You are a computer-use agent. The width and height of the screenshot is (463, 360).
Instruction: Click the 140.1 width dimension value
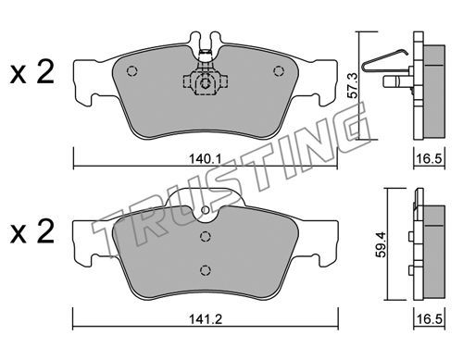[x=205, y=159]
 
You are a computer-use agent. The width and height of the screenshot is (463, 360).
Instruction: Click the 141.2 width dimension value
[x=206, y=318]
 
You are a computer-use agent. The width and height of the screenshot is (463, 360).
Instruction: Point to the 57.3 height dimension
[x=353, y=85]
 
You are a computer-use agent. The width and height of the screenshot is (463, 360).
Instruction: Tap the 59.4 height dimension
[x=382, y=244]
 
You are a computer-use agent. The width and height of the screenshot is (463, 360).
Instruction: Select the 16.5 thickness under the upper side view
[x=430, y=159]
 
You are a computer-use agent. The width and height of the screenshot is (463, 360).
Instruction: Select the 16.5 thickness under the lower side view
[x=430, y=318]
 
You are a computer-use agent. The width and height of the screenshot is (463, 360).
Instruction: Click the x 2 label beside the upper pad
[x=31, y=73]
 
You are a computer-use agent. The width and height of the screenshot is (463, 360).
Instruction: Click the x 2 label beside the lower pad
[x=31, y=232]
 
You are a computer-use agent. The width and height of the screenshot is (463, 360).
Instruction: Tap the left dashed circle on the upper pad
[x=131, y=71]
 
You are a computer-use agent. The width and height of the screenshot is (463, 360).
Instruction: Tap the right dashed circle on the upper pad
[x=279, y=71]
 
